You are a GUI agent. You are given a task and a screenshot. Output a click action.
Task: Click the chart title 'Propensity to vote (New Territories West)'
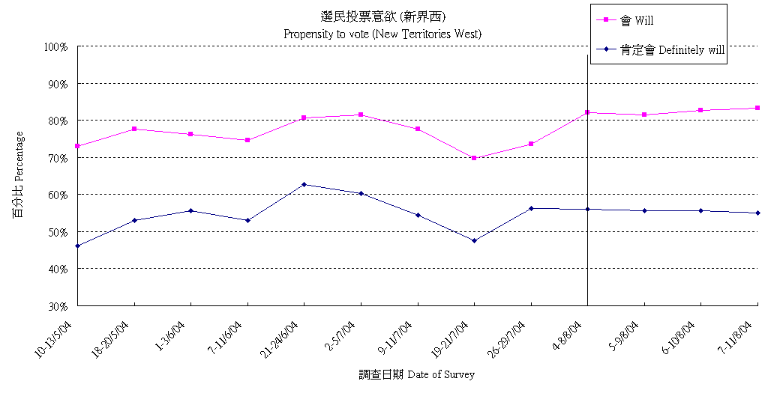pos(382,34)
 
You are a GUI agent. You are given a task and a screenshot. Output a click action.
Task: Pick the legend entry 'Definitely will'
pos(671,50)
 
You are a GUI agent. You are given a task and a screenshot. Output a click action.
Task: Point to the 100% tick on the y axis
pos(56,46)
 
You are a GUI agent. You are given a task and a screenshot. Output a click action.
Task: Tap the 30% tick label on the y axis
pos(58,305)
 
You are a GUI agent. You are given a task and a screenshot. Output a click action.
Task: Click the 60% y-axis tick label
pos(58,195)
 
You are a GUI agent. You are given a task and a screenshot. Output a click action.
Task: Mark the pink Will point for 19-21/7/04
pos(474,158)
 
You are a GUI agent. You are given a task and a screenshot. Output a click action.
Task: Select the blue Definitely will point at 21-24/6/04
pos(304,184)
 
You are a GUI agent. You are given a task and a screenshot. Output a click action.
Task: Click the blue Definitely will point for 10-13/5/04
pos(77,246)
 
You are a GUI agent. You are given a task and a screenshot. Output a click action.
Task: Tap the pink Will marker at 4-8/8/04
pos(587,112)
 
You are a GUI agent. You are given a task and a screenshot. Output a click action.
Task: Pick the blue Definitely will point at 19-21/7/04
pos(474,240)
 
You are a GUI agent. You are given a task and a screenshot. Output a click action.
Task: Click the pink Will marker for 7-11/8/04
pos(757,108)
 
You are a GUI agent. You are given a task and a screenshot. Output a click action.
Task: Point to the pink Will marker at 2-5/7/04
pos(361,115)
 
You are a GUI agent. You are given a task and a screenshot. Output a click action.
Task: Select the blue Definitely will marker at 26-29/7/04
pos(531,208)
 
